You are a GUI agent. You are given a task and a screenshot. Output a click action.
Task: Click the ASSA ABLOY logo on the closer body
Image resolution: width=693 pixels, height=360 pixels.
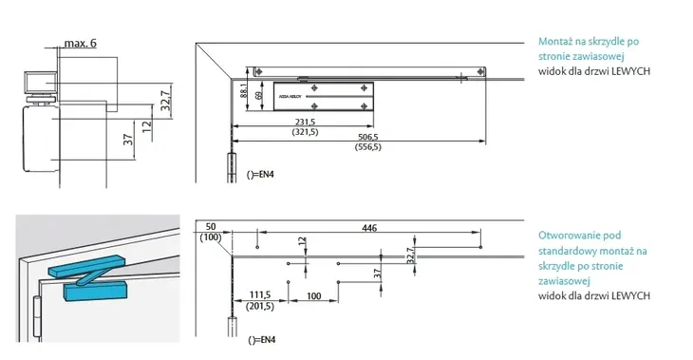[289, 96]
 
